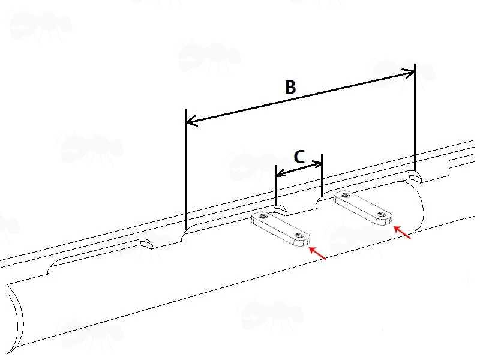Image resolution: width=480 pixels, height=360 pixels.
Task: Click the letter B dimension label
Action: pos(290,88)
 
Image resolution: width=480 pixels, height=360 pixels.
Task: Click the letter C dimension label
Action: pos(299,157)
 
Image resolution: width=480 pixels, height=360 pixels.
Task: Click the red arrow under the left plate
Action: pos(317,254)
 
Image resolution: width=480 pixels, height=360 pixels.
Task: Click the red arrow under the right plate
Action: pos(403,233)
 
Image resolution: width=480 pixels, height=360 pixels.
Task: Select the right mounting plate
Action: pos(363,207)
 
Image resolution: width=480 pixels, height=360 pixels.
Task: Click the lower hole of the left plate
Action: pos(299,236)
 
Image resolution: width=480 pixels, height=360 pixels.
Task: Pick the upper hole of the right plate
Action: pos(345,194)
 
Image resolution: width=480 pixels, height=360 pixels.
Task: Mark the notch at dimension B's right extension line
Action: pos(415,176)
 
